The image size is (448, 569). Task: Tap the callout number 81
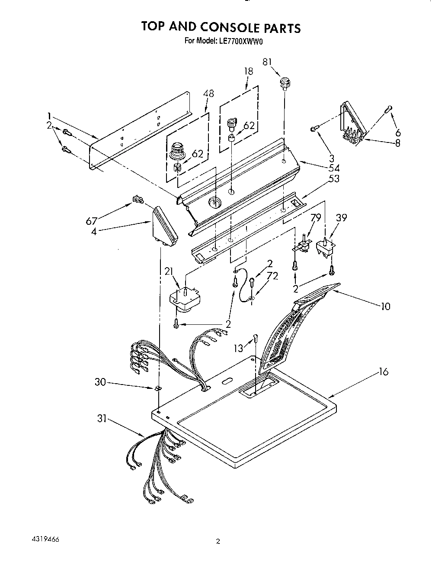(267, 62)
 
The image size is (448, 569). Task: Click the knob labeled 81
(284, 82)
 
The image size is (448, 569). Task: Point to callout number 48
(208, 93)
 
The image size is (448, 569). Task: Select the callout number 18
(248, 71)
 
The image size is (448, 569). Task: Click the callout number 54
(334, 168)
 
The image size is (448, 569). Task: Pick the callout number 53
(334, 178)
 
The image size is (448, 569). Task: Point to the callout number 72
(272, 276)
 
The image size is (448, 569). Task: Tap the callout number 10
(385, 307)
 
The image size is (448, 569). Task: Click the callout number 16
(383, 372)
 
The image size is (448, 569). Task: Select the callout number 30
(100, 382)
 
